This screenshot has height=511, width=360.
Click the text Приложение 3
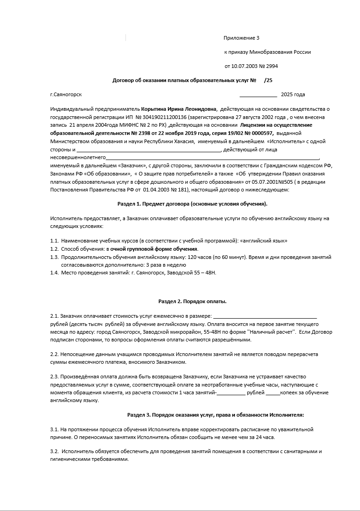[x=241, y=38]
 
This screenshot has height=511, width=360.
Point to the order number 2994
[x=271, y=66]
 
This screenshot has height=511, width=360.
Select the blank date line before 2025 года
[x=258, y=95]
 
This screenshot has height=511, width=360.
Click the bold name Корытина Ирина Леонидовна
[x=179, y=109]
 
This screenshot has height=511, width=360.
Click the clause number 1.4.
[x=54, y=273]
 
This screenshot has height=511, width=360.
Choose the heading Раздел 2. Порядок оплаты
[x=192, y=301]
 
